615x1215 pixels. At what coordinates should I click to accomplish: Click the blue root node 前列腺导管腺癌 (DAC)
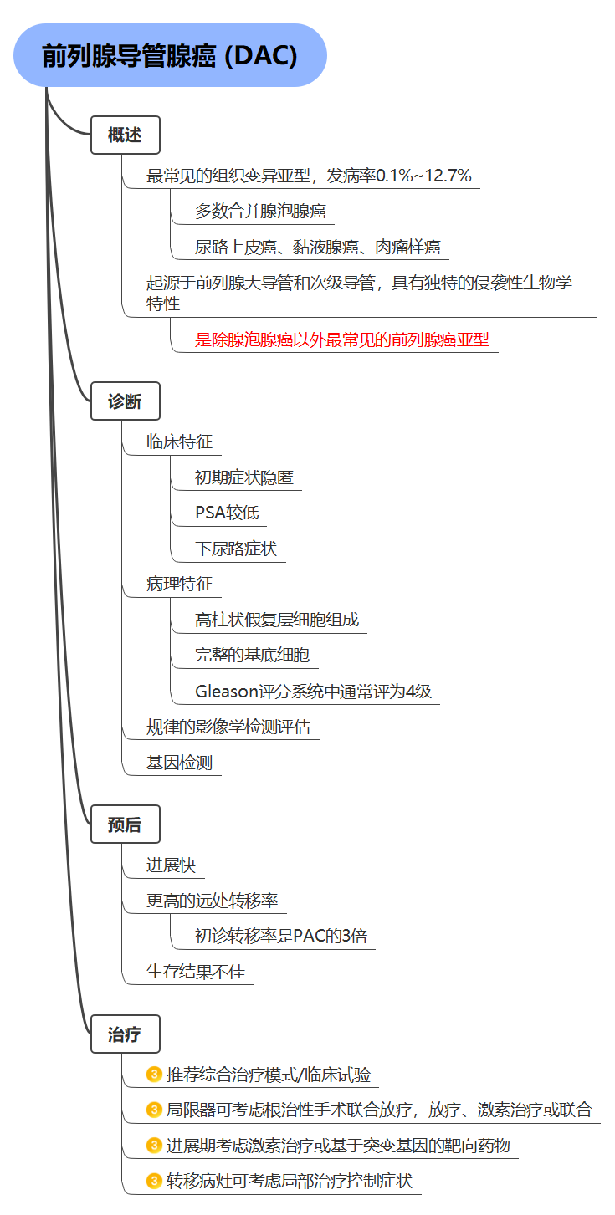[170, 55]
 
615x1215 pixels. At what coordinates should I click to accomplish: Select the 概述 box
[126, 135]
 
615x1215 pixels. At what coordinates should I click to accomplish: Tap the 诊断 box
[126, 401]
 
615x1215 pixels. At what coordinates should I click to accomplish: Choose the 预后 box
[126, 824]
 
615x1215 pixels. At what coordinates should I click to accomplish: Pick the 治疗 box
[126, 1034]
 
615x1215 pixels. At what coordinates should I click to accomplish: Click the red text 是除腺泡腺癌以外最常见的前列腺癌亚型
[342, 339]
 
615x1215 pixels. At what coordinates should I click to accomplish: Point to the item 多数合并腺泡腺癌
[260, 211]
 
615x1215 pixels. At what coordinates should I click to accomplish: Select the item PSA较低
[227, 513]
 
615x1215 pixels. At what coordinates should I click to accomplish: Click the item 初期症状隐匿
[244, 477]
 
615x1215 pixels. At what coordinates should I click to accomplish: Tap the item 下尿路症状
[236, 549]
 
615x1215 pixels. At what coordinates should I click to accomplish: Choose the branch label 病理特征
[179, 584]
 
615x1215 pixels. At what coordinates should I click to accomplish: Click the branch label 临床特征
[179, 442]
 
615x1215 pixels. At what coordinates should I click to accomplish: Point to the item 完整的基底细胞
[253, 655]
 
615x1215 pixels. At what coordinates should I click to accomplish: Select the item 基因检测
[179, 762]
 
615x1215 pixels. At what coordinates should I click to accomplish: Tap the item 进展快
[171, 865]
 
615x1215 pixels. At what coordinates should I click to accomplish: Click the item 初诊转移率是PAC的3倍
[281, 936]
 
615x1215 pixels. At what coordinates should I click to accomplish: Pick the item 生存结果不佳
[196, 972]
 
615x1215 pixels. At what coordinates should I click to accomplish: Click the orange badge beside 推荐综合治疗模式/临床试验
[154, 1074]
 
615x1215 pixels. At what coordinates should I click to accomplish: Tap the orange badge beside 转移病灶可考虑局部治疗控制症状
[154, 1180]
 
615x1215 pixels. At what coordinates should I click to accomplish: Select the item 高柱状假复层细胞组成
[277, 620]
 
